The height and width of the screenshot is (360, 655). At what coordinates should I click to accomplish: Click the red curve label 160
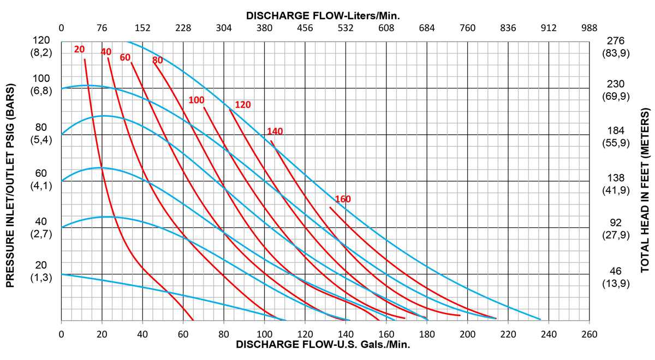(343, 199)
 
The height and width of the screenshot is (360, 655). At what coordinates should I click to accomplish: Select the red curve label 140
(275, 131)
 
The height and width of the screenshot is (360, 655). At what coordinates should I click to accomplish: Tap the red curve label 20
(79, 50)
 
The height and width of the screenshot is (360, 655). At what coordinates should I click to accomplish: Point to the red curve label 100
(196, 100)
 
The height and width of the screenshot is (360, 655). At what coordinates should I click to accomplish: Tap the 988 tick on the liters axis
(589, 28)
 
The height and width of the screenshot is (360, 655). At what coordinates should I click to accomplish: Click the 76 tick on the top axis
(102, 28)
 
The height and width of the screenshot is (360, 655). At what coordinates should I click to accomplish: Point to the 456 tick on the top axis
(305, 28)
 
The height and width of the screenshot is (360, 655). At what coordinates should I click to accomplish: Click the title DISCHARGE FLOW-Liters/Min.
(323, 15)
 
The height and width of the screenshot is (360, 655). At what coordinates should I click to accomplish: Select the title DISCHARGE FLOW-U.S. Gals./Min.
(323, 345)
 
